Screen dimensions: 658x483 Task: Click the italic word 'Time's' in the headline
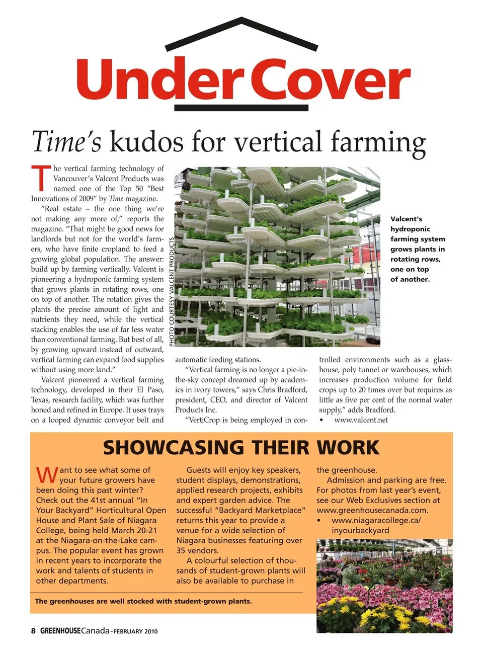click(66, 141)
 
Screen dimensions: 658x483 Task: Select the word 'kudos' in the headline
click(146, 141)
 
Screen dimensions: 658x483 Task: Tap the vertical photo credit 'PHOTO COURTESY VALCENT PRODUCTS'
click(171, 291)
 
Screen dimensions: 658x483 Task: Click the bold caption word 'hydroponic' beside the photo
click(410, 229)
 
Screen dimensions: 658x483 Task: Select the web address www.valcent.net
click(361, 420)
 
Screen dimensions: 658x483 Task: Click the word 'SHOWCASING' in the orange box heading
click(174, 447)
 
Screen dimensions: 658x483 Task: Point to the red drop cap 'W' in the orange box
click(47, 474)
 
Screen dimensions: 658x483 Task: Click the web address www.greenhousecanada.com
click(372, 510)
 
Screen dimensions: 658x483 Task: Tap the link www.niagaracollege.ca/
click(376, 520)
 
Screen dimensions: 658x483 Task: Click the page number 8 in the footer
click(33, 631)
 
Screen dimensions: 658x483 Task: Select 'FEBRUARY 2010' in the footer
click(136, 631)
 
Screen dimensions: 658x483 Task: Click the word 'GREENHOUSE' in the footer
click(60, 631)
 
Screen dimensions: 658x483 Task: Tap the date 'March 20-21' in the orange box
click(133, 530)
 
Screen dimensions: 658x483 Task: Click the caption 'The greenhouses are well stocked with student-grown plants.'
click(143, 601)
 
